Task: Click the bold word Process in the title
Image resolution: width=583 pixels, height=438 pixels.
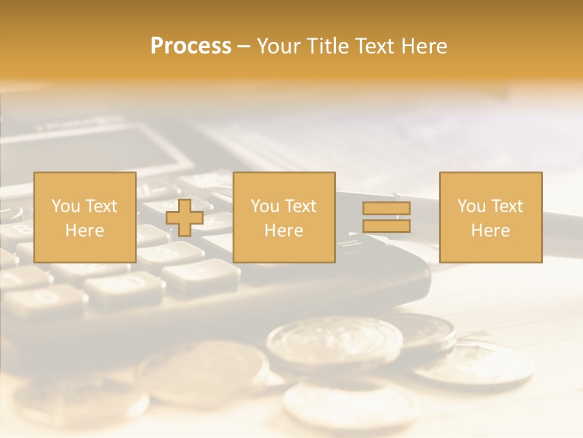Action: tap(191, 46)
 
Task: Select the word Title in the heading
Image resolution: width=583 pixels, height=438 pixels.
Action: tap(328, 46)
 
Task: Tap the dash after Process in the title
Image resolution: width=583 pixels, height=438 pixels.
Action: tap(244, 47)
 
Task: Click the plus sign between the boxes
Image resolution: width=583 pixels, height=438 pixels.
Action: tap(185, 217)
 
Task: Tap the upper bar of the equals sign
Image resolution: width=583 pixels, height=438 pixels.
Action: tap(386, 208)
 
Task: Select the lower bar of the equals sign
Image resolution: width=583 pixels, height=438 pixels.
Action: tap(386, 226)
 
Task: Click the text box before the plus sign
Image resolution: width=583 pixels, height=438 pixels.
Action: tap(85, 217)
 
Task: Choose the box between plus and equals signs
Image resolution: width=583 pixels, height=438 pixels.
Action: tap(284, 217)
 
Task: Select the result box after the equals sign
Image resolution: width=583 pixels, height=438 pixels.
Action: tap(491, 217)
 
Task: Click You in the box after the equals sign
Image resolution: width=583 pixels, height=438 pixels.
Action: tap(471, 206)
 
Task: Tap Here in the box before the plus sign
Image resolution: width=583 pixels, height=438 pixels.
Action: tap(84, 231)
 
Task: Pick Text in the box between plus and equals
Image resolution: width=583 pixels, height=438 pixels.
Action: tap(301, 206)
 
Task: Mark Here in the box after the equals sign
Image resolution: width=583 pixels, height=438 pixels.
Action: tap(490, 231)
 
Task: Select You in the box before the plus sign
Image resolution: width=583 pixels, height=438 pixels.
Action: tap(65, 206)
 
